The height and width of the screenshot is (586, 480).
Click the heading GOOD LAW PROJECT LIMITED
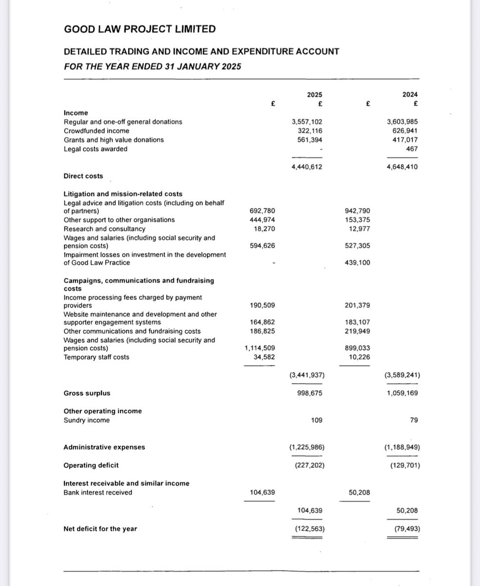140,29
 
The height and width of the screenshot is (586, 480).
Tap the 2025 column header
315,95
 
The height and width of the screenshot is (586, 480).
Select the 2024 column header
411,95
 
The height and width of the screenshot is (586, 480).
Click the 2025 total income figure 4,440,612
306,167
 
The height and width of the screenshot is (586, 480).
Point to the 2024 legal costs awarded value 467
411,149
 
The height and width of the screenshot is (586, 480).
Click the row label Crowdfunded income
97,131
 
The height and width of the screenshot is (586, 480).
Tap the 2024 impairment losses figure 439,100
357,263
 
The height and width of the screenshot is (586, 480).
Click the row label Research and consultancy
104,229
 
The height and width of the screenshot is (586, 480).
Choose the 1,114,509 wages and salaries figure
260,348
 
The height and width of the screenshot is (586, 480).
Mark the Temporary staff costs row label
97,357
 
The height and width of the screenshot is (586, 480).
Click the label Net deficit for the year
100,528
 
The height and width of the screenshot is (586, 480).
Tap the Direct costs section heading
83,176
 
